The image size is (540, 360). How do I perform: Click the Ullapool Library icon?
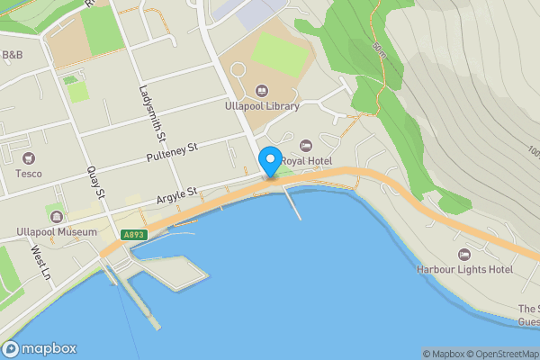[262, 89]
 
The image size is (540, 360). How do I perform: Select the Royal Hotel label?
[306, 160]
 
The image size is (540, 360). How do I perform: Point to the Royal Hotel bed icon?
[305, 145]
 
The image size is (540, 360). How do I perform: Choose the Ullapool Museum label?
[56, 231]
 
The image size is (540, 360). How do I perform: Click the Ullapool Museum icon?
[58, 217]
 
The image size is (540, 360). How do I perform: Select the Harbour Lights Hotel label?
[464, 269]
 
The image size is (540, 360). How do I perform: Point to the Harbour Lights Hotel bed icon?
[464, 255]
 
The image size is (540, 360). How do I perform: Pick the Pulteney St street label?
[171, 154]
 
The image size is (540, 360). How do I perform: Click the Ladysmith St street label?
[151, 114]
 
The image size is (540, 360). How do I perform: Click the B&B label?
[13, 56]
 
